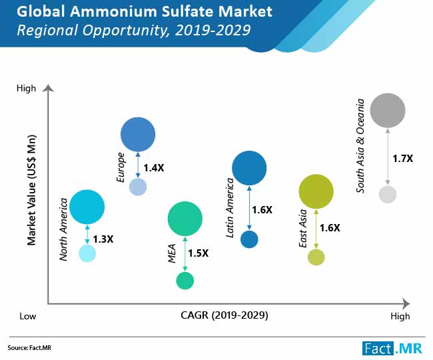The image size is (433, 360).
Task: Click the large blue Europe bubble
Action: [x=138, y=134]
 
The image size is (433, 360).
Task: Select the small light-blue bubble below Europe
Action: [x=138, y=187]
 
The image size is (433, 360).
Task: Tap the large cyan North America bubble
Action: [x=87, y=207]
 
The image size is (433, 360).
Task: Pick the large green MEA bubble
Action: [x=185, y=219]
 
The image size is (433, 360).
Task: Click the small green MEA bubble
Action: [x=185, y=281]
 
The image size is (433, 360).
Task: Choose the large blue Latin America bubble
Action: [x=249, y=168]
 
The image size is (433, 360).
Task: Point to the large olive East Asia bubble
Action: [x=316, y=192]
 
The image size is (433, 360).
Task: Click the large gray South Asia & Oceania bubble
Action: [x=388, y=110]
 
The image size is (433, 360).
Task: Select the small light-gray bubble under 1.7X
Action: [x=388, y=195]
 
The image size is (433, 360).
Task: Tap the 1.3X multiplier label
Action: [x=103, y=239]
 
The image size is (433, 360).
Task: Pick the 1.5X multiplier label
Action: [x=198, y=253]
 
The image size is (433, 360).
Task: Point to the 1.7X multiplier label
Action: [x=402, y=159]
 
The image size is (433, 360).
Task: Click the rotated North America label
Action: [x=65, y=229]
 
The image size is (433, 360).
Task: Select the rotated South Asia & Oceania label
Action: [x=360, y=146]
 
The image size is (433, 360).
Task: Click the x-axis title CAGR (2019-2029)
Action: [x=224, y=315]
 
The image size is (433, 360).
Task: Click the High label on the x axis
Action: [x=400, y=316]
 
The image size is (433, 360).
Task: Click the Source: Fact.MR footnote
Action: [x=27, y=348]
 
